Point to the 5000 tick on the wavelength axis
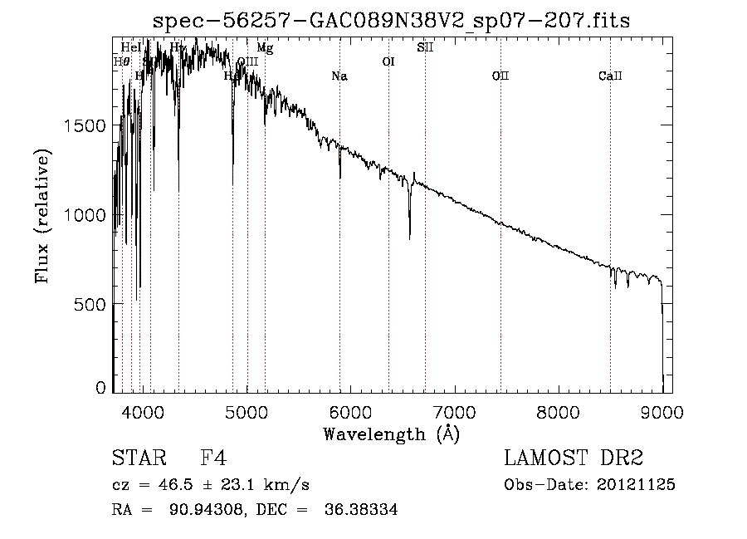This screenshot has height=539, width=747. click(x=247, y=410)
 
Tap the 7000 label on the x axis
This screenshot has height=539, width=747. click(x=454, y=410)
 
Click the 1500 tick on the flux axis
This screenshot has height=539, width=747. click(x=85, y=125)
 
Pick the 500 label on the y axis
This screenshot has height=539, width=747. click(x=91, y=305)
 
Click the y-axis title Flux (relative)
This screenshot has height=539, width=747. click(x=43, y=216)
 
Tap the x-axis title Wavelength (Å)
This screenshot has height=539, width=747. click(x=390, y=434)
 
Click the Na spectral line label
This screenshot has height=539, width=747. click(x=339, y=76)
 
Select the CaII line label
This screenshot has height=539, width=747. click(x=610, y=76)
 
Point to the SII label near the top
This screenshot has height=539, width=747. click(x=425, y=47)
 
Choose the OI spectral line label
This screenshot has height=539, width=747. click(x=388, y=61)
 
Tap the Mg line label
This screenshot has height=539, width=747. click(x=265, y=48)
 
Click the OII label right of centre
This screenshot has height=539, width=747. click(x=500, y=76)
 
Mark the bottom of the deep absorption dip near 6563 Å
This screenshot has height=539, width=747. click(x=409, y=238)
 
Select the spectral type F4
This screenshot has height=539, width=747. click(x=214, y=458)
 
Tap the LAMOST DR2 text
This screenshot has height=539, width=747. click(x=574, y=458)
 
